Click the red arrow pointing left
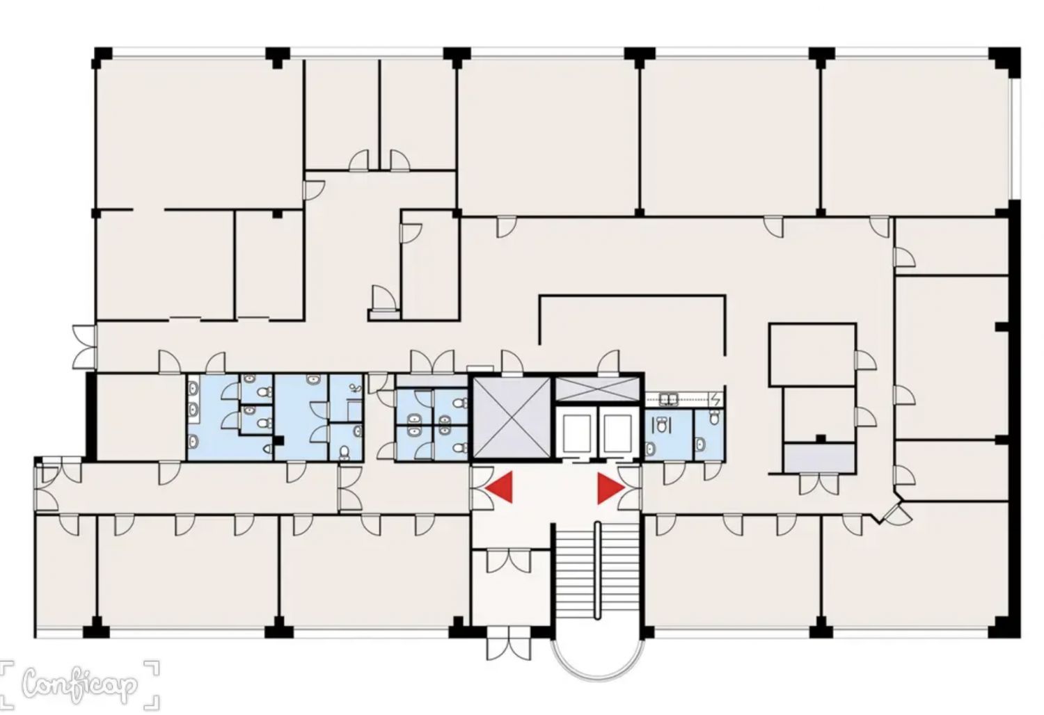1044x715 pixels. coord(502,488)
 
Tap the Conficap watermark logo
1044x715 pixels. coord(80,685)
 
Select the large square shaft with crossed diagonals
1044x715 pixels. coord(512,417)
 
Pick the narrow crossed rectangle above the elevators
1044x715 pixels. coord(597,389)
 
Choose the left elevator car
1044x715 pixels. coord(576,434)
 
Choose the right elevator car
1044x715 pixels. coord(617,434)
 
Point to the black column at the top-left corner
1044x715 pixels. coord(103,58)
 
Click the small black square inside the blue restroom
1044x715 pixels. coord(278,441)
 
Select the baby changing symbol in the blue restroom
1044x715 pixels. coord(356,387)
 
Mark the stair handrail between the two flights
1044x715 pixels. coord(597,571)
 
